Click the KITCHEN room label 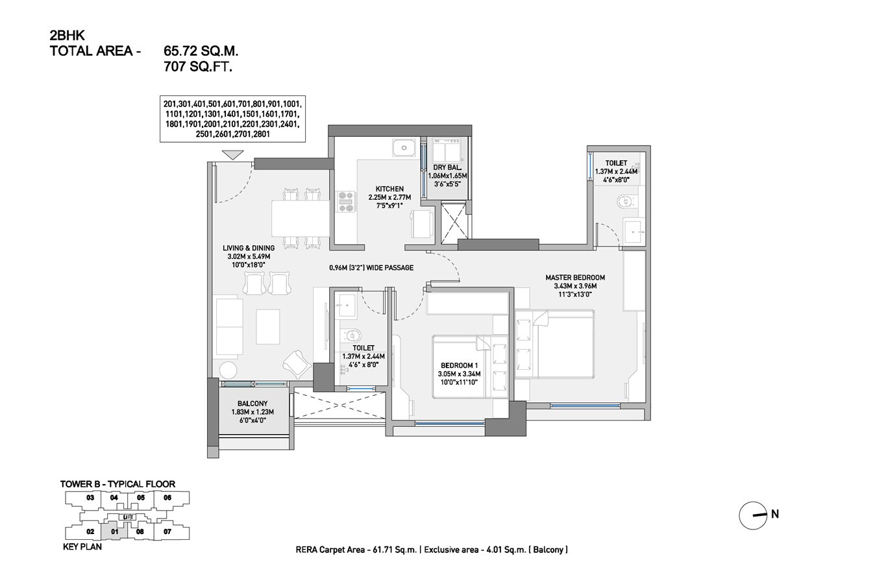389,189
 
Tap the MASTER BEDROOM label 574,278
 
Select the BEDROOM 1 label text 459,365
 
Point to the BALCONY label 252,404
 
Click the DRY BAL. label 447,167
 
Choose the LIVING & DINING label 248,248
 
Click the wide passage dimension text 371,267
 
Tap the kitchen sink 404,149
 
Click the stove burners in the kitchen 345,201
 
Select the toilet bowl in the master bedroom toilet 624,201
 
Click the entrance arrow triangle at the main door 232,154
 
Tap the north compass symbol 754,516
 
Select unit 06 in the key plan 167,498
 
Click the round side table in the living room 228,370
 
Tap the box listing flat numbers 232,119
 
